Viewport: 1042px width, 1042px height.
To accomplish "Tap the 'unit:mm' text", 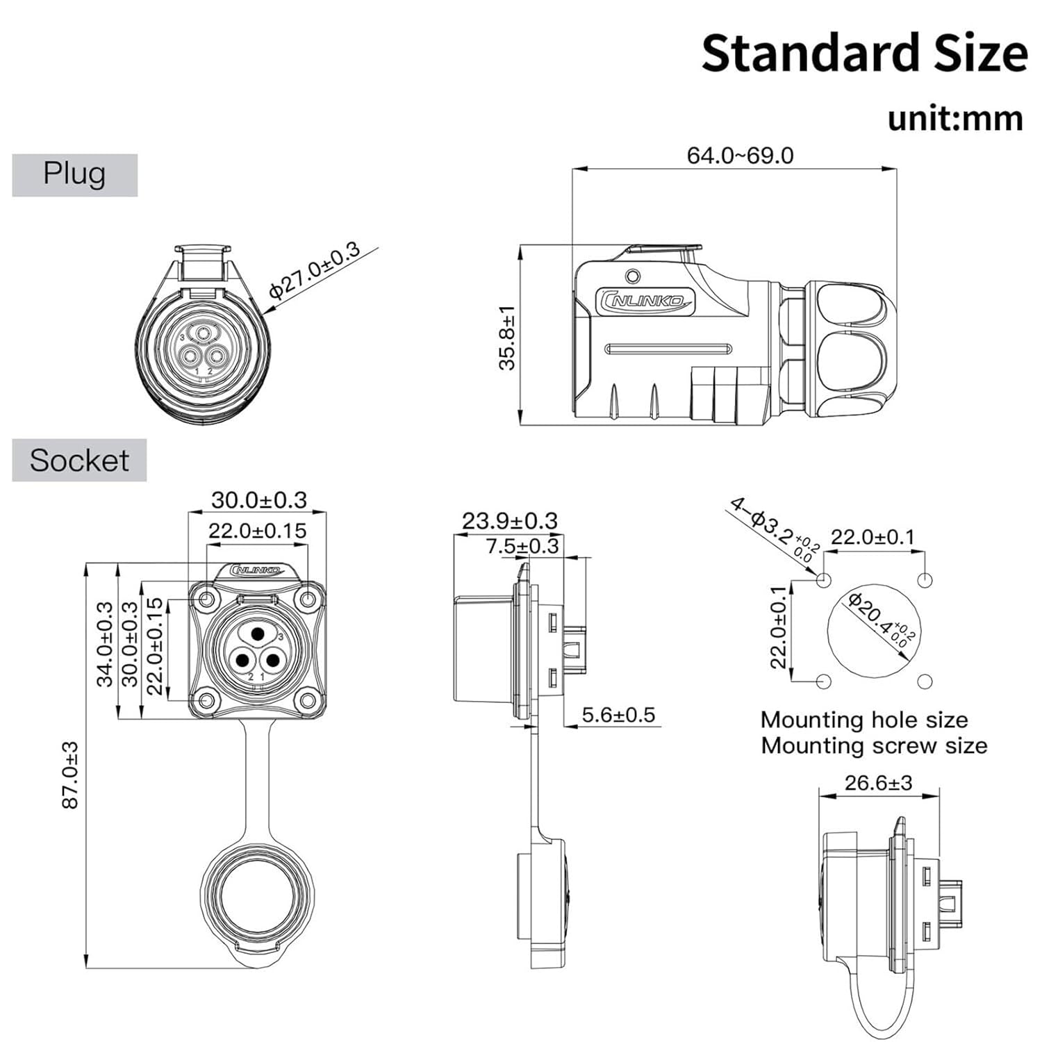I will [x=955, y=118].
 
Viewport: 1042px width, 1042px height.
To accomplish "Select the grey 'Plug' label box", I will [x=74, y=174].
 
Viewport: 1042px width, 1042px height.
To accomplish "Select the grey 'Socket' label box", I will [x=79, y=460].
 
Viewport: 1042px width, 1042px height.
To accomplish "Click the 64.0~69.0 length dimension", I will [x=740, y=155].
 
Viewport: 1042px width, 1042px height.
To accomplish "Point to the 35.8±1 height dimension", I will [x=508, y=338].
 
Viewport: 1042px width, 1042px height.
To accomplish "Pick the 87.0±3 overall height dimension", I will [x=70, y=775].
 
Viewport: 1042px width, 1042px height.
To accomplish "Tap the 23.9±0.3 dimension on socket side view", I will [x=509, y=520].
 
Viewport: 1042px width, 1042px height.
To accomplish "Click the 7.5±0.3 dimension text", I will [x=522, y=546].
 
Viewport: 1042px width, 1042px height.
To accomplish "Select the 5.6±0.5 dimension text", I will [x=618, y=715].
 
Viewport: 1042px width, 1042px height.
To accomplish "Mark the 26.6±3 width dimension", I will [x=878, y=783].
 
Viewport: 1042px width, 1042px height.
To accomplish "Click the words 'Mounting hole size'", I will [x=863, y=719].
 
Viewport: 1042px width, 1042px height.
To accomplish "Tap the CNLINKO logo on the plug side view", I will [x=645, y=299].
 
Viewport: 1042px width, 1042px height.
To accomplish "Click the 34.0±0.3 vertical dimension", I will [x=104, y=644].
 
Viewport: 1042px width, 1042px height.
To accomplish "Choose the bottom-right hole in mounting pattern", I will [x=924, y=681].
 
